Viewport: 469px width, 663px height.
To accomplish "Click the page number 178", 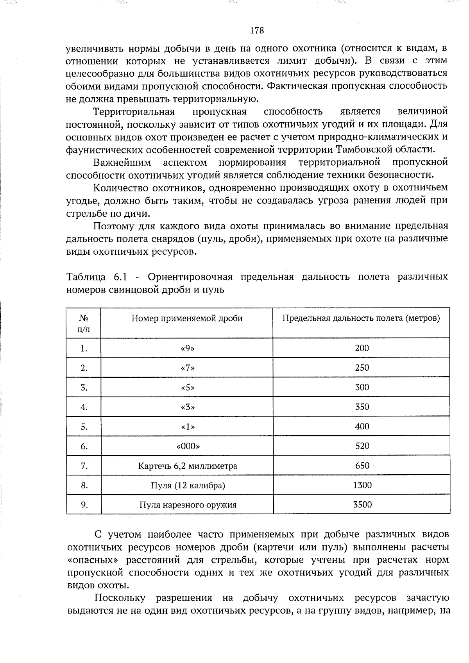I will pos(257,30).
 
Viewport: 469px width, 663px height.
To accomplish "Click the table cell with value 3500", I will pos(362,504).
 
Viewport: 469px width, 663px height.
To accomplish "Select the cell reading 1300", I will pos(362,485).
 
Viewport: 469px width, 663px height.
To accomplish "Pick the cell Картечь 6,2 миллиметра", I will pos(188,466).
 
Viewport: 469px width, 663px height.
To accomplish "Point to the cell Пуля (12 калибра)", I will pos(188,486).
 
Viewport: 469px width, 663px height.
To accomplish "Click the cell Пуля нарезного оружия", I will pos(188,505).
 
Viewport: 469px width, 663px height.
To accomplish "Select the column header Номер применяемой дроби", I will pos(187,318).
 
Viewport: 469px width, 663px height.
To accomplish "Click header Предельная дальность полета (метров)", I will pos(361,318).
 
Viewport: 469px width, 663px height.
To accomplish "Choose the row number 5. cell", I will pos(84,427).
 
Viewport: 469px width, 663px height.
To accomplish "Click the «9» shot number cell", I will pos(188,348).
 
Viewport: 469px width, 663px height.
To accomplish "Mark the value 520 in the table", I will pos(362,446).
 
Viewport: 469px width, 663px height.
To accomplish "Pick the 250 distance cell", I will pos(362,368).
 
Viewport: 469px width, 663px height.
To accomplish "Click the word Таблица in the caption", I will pos(86,277).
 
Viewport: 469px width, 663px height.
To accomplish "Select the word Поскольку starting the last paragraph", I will pos(120,598).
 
